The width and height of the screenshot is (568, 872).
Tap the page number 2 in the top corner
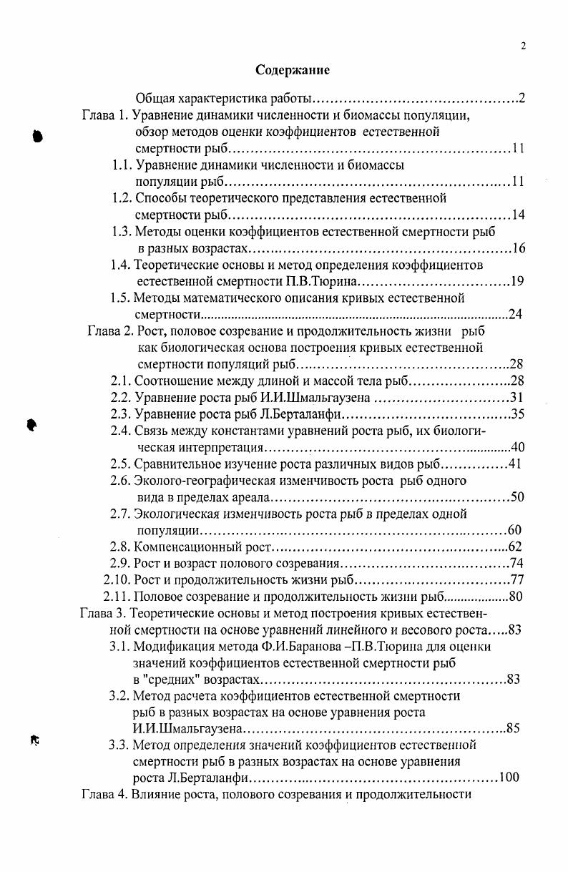pos(523,46)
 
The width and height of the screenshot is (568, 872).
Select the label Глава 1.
pos(103,115)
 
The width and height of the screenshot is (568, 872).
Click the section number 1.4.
pos(121,265)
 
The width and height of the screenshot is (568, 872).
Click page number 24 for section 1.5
pos(514,314)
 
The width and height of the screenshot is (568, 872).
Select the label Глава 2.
pos(107,331)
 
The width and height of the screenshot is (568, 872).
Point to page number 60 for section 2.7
pos(514,530)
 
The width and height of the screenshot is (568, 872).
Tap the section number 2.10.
pos(117,580)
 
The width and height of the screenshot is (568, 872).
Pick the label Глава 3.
pos(102,613)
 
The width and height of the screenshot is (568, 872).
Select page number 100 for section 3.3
pos(509,778)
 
